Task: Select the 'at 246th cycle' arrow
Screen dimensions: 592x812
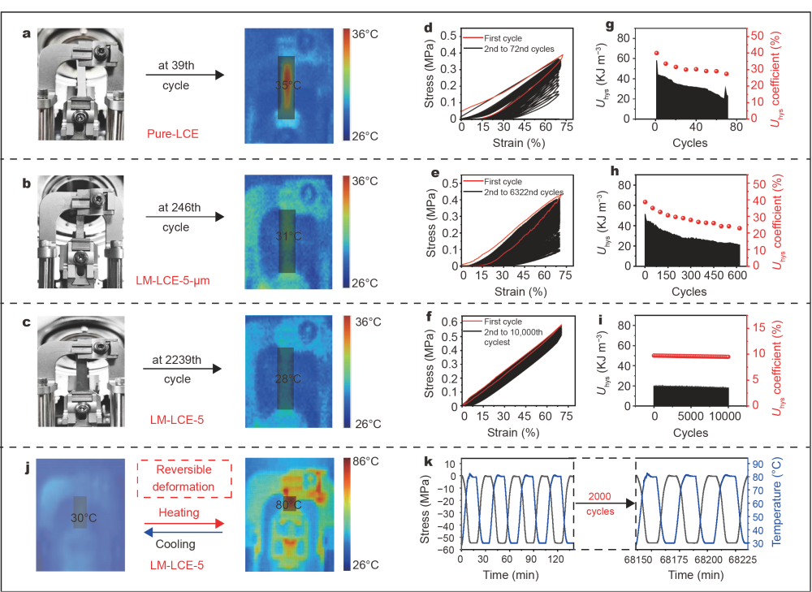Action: point(184,218)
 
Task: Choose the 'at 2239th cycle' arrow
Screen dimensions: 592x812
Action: point(183,369)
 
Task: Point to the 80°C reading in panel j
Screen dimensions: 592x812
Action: point(287,503)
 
